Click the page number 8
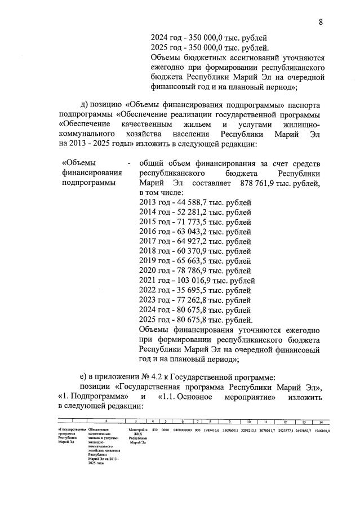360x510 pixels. tap(320, 22)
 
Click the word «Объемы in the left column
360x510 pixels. tap(79, 163)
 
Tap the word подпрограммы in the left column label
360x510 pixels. tap(89, 183)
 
